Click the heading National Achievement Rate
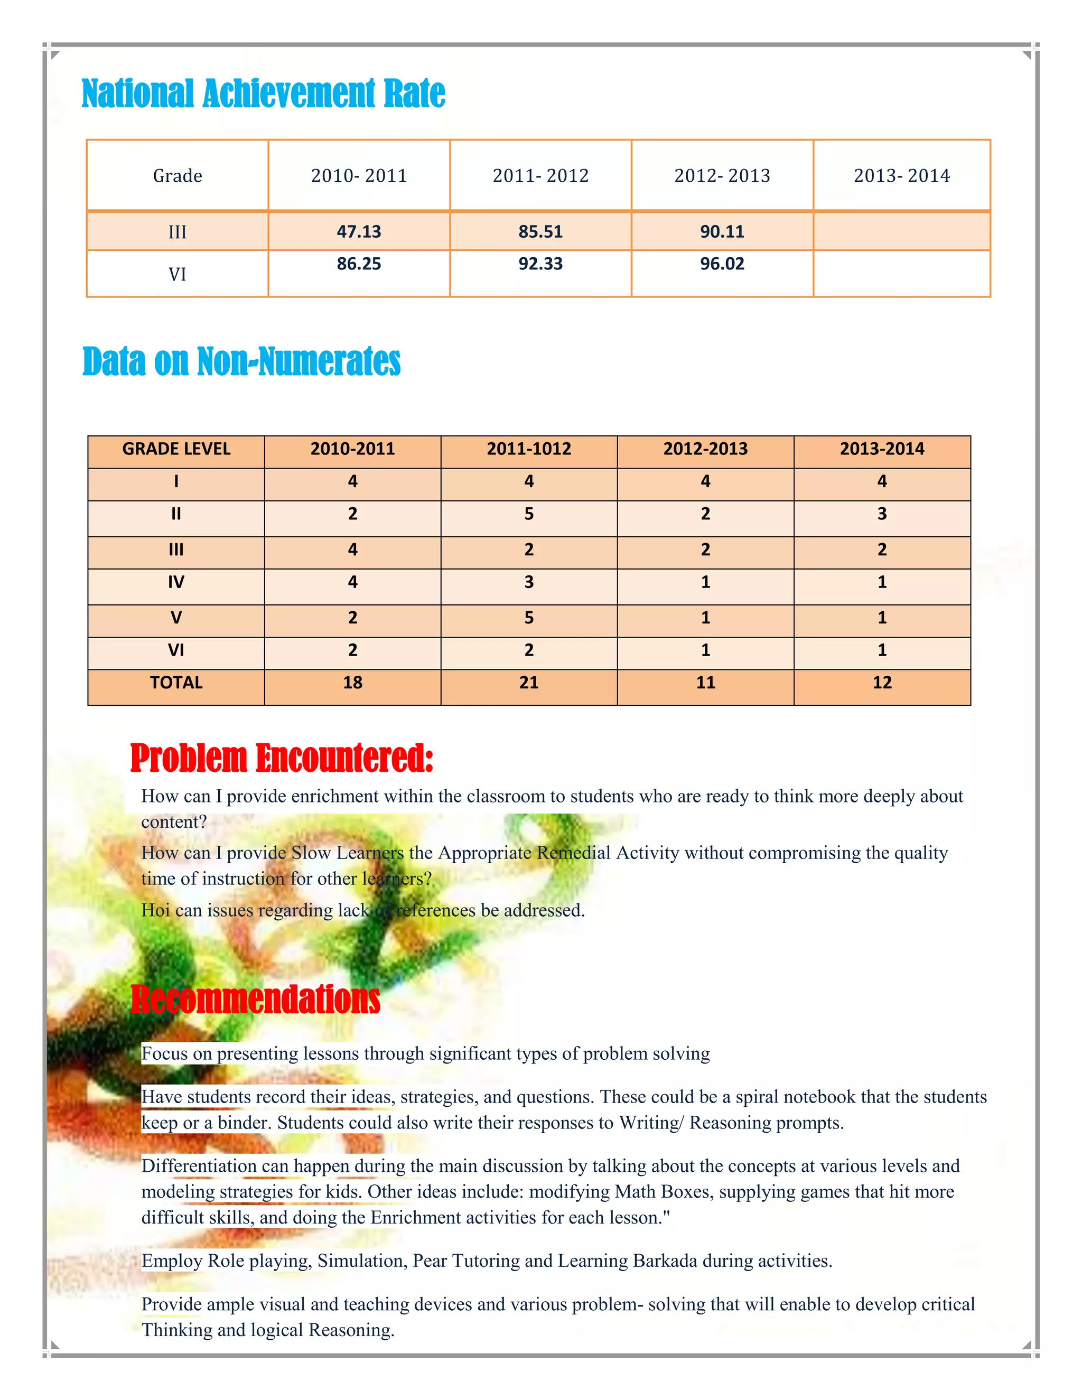(263, 94)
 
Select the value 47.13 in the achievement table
(359, 231)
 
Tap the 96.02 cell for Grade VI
(722, 264)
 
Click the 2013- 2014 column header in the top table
(901, 175)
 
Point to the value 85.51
(540, 231)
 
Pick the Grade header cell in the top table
(178, 175)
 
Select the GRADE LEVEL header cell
(176, 449)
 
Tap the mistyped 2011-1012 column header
(529, 449)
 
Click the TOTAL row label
(176, 683)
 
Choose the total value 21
(529, 683)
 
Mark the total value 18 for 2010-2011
(352, 683)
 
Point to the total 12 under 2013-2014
(882, 683)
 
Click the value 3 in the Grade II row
(882, 514)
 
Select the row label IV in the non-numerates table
(176, 582)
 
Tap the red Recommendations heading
(255, 1000)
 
